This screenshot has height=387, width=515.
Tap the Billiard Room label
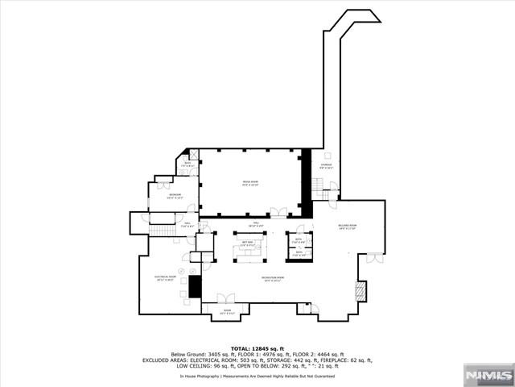(x=347, y=227)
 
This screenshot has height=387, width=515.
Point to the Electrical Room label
(x=165, y=277)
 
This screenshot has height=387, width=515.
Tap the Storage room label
(x=326, y=167)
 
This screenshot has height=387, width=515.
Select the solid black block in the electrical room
(x=194, y=286)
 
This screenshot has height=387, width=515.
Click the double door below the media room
(x=278, y=213)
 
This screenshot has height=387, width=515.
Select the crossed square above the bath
(x=193, y=153)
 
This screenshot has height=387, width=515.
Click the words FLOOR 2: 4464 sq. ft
(x=322, y=354)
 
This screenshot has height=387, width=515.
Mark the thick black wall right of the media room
(x=305, y=181)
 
